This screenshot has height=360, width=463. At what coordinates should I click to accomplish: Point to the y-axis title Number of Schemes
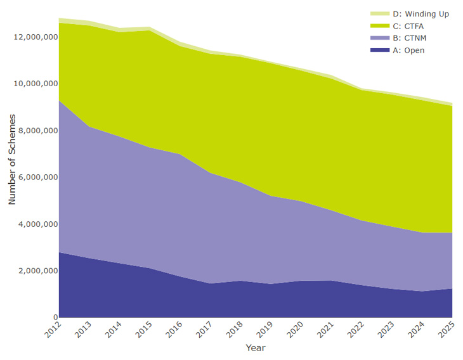click(12, 159)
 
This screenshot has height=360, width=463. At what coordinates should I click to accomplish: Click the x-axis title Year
click(255, 348)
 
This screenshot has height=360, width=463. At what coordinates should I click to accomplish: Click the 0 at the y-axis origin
click(55, 318)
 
